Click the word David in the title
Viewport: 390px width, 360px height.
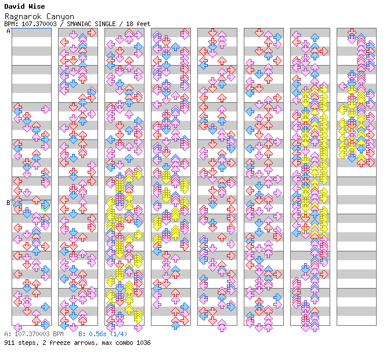tap(14, 7)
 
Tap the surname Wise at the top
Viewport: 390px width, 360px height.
tap(37, 7)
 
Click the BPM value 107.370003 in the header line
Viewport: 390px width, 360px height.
tap(34, 24)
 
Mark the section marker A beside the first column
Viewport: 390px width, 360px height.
tap(8, 31)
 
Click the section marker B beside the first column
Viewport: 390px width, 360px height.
tap(8, 203)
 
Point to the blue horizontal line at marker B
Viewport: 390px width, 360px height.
tap(31, 200)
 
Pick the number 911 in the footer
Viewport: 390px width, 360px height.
tap(9, 343)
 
